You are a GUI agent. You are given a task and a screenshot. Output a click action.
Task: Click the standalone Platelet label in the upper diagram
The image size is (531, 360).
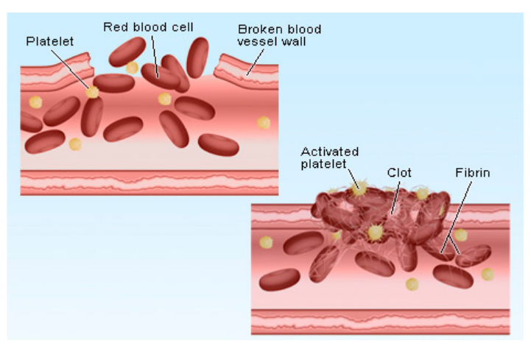[49, 41]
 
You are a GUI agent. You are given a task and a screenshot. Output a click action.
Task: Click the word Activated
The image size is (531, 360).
[327, 152]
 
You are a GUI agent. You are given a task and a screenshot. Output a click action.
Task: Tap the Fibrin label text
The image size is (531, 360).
[472, 174]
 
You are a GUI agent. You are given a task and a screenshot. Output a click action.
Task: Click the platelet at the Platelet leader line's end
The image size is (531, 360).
[92, 92]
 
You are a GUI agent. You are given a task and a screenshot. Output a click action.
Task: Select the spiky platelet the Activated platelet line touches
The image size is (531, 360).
[359, 188]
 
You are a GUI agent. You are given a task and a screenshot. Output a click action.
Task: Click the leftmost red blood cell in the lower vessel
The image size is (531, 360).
[281, 279]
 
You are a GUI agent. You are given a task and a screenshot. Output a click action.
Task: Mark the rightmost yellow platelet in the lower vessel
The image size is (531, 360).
[488, 274]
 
